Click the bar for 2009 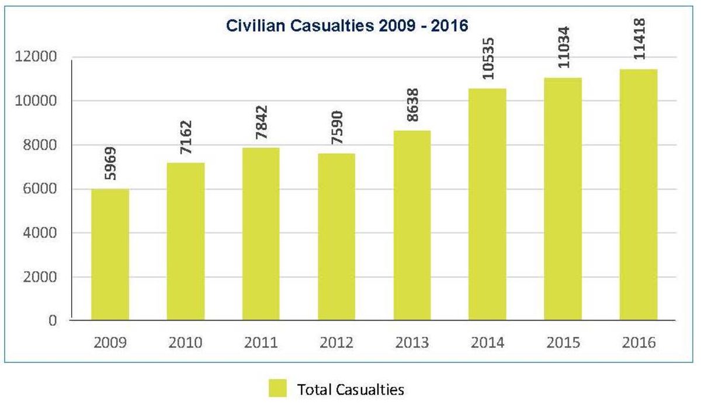[x=110, y=254]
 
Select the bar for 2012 [x=336, y=237]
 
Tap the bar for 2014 [x=487, y=205]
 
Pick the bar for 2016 [x=638, y=195]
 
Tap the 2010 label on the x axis [x=185, y=342]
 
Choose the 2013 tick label [x=412, y=342]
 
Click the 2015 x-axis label [x=563, y=342]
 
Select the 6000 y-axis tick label [x=41, y=189]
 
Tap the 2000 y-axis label [x=41, y=277]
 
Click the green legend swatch [x=277, y=389]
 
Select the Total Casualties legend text [x=350, y=389]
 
